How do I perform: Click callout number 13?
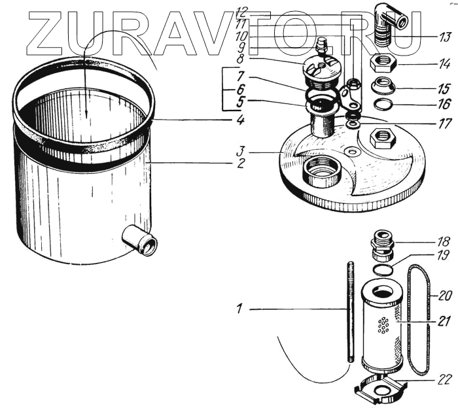tap(444, 37)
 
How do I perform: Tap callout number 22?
tap(444, 379)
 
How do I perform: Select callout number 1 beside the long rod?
tap(239, 309)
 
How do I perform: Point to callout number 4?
tap(240, 120)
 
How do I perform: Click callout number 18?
tap(444, 242)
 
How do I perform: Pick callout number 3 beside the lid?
tap(240, 152)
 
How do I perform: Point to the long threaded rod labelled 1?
tap(351, 313)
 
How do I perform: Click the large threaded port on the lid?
tap(322, 172)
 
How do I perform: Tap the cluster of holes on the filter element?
tap(383, 324)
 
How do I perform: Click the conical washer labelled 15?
tap(383, 85)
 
